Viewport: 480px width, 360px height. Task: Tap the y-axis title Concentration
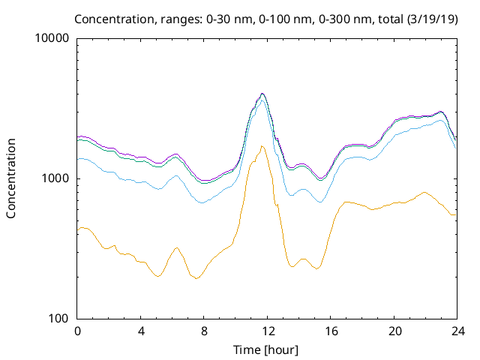11,178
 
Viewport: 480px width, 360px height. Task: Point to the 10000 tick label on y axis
52,38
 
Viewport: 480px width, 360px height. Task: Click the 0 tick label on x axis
77,331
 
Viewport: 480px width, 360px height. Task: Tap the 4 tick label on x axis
141,331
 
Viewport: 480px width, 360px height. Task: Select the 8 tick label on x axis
204,331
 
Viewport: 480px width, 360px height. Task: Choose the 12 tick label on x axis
268,331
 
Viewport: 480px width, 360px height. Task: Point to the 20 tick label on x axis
394,331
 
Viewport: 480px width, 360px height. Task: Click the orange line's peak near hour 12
262,145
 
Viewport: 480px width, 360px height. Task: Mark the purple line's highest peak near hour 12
262,94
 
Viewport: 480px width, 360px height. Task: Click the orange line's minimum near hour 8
197,278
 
